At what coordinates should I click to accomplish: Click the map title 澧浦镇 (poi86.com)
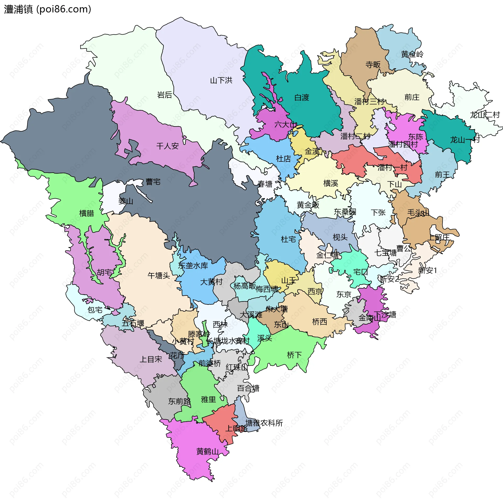(48, 9)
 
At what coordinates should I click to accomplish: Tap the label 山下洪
(221, 80)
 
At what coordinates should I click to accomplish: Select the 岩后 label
(165, 95)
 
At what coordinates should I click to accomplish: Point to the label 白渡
(302, 97)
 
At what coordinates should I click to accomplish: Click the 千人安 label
(167, 146)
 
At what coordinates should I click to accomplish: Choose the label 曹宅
(153, 182)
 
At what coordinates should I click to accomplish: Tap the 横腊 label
(86, 213)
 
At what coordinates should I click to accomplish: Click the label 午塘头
(159, 275)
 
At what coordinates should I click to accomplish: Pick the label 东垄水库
(193, 265)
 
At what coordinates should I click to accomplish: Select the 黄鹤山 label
(207, 451)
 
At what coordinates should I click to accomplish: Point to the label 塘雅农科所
(264, 423)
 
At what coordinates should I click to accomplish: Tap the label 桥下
(294, 355)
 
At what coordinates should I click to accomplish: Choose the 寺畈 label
(373, 64)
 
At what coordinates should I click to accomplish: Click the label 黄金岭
(412, 54)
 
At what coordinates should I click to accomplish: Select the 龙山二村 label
(485, 115)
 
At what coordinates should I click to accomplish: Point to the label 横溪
(331, 183)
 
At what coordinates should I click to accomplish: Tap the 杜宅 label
(288, 239)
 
